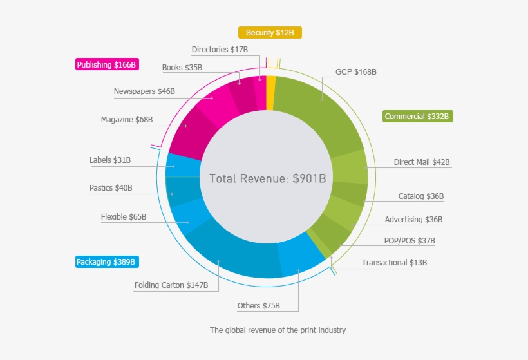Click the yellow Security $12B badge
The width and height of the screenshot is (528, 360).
click(x=270, y=32)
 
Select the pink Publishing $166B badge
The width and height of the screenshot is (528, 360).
click(x=106, y=65)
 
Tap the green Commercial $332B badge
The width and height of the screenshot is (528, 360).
click(x=419, y=117)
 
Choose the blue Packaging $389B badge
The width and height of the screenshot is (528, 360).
click(x=106, y=262)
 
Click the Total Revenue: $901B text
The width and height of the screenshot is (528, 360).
click(x=267, y=178)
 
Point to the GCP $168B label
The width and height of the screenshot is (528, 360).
click(x=355, y=72)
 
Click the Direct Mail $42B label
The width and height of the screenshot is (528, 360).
click(x=422, y=162)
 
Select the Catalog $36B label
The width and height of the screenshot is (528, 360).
click(x=420, y=196)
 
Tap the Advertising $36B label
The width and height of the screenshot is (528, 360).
click(x=413, y=220)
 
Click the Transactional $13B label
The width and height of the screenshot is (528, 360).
click(x=394, y=263)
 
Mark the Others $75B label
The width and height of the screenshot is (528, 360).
click(x=259, y=306)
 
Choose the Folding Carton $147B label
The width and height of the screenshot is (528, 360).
click(x=171, y=285)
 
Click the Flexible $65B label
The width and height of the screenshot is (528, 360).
click(x=124, y=217)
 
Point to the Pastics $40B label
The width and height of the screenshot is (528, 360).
click(x=111, y=188)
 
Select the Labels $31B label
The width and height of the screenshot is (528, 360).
click(x=110, y=160)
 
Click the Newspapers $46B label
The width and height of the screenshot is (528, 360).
click(x=144, y=91)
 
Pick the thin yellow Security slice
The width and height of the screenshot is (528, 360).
click(x=271, y=84)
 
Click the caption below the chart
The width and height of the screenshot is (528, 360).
click(x=278, y=330)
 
